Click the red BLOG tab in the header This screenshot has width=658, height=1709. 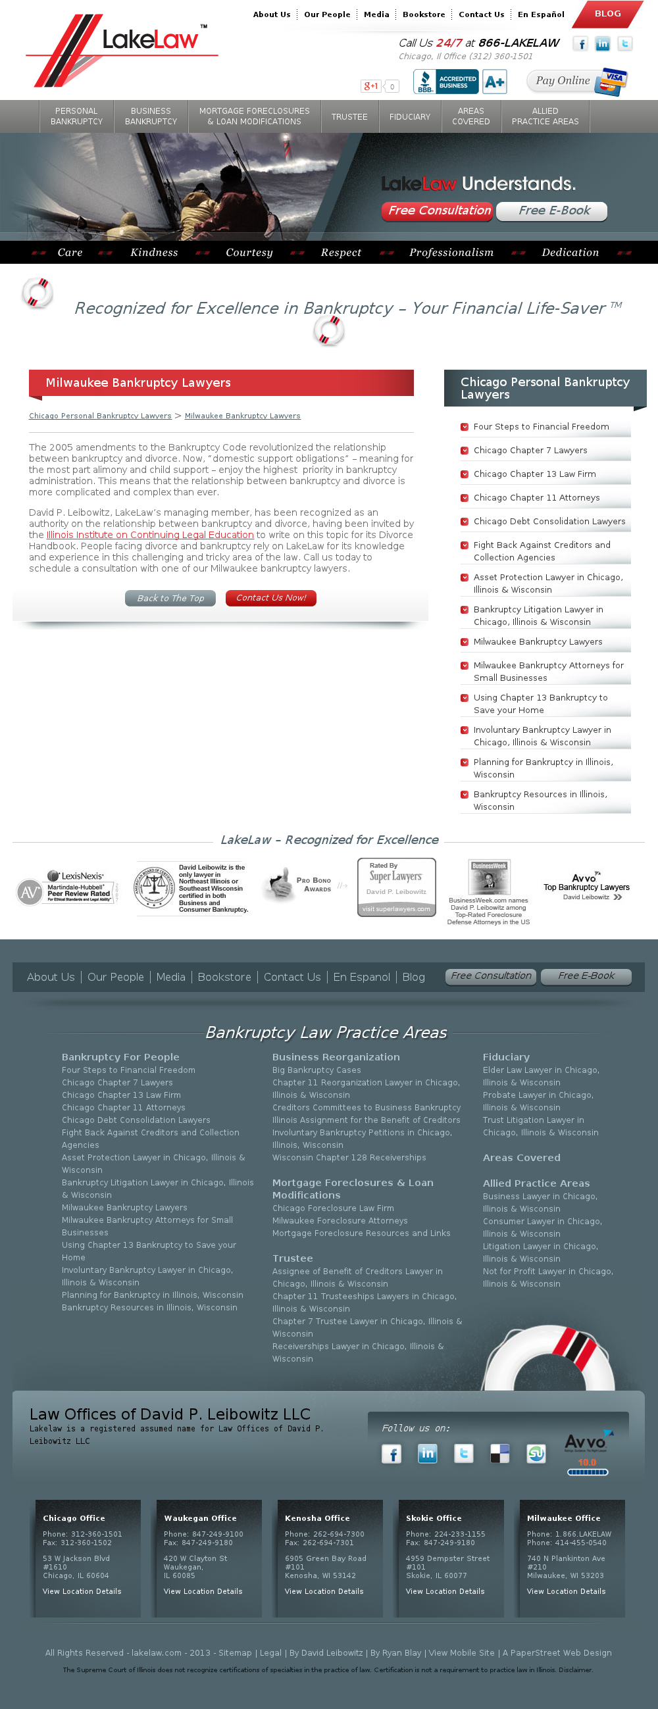607,14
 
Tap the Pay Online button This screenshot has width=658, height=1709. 576,81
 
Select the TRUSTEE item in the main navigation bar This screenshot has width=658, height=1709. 349,117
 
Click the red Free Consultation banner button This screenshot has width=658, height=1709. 438,211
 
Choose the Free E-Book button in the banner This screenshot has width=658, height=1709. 553,211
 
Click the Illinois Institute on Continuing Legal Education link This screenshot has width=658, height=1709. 150,535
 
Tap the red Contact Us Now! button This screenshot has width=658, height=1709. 270,598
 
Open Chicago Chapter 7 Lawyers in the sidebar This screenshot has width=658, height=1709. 530,451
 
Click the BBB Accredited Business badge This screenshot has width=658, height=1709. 445,82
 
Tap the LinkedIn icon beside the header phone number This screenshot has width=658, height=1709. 602,44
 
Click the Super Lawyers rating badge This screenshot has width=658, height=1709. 396,887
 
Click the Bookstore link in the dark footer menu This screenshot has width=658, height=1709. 224,977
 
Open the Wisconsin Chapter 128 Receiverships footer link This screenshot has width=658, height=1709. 349,1158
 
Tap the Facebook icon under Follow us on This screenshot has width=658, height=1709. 392,1454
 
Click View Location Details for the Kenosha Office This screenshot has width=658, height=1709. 324,1591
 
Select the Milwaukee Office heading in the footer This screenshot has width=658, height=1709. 563,1518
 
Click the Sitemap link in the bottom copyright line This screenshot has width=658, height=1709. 235,1652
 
